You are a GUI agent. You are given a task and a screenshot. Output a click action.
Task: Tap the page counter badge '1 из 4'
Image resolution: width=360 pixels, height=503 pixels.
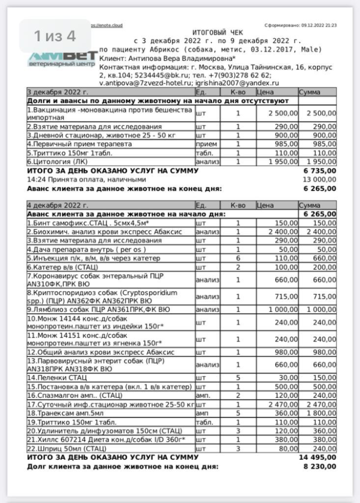tap(55, 36)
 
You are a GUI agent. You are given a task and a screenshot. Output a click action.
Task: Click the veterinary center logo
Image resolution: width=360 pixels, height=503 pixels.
tap(62, 58)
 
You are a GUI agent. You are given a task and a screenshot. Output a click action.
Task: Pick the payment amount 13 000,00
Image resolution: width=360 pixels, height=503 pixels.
tap(318, 179)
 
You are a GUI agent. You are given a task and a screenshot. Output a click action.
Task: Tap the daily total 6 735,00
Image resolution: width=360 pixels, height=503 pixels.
tap(319, 171)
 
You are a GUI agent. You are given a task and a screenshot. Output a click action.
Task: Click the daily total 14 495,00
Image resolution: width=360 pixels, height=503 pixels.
tap(317, 457)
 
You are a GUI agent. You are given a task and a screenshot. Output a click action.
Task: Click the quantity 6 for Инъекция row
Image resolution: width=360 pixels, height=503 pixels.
tap(238, 258)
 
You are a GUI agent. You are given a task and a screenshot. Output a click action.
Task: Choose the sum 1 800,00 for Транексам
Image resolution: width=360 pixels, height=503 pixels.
tap(318, 412)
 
